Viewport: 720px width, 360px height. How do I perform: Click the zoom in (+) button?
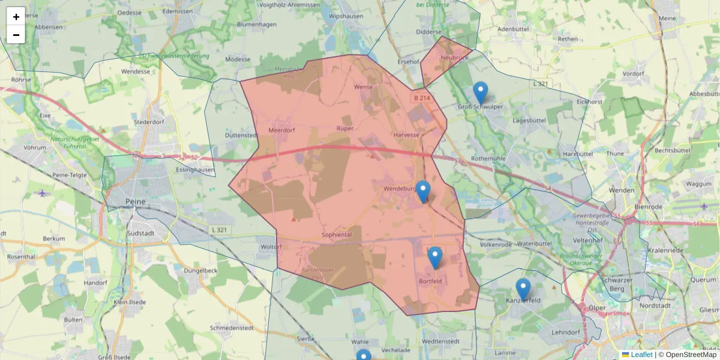(16, 17)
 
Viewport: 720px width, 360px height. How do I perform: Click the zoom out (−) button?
(16, 35)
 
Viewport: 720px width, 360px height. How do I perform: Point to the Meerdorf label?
(284, 130)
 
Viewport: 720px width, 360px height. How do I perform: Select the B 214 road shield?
(421, 97)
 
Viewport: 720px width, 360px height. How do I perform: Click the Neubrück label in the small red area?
(454, 57)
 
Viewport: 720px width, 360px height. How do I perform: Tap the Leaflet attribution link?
(641, 355)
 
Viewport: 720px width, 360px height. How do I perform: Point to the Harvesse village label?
(406, 134)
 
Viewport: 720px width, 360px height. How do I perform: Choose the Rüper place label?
(344, 128)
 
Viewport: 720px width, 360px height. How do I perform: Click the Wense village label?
(364, 88)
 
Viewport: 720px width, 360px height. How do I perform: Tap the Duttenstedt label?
(241, 136)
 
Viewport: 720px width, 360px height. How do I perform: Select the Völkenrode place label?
(496, 244)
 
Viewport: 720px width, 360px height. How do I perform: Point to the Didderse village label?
(429, 32)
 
